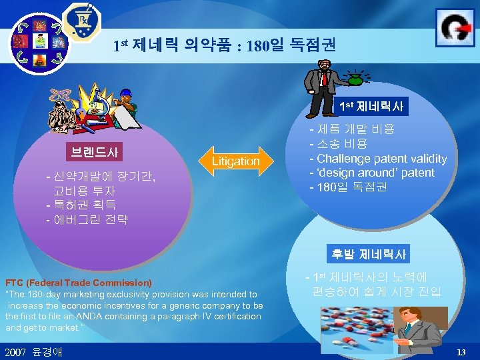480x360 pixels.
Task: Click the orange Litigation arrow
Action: click(235, 161)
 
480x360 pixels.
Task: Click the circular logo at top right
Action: click(455, 27)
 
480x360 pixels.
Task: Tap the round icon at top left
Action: click(39, 41)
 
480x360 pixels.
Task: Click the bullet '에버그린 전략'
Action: click(87, 219)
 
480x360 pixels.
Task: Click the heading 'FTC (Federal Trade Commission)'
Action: click(79, 283)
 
